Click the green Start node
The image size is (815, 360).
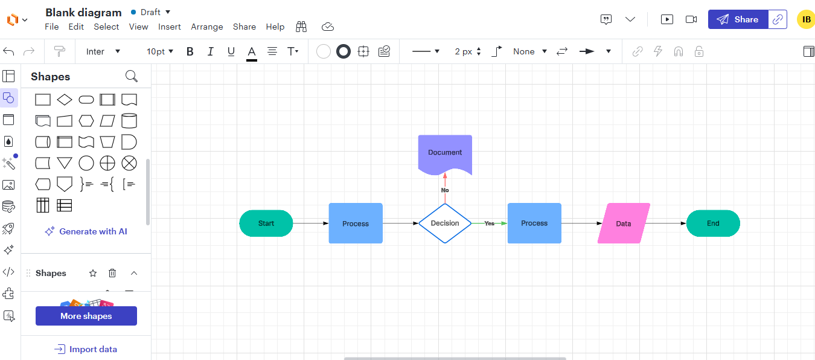pyautogui.click(x=266, y=223)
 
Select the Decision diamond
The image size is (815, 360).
pyautogui.click(x=445, y=223)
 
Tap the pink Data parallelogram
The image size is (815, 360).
pyautogui.click(x=624, y=223)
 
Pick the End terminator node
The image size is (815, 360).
pyautogui.click(x=713, y=223)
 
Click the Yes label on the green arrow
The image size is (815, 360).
pyautogui.click(x=490, y=223)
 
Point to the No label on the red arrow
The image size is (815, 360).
pyautogui.click(x=445, y=190)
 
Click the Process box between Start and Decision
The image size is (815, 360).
pyautogui.click(x=356, y=223)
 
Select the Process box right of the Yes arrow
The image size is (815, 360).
pyautogui.click(x=534, y=223)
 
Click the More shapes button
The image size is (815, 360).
pyautogui.click(x=86, y=316)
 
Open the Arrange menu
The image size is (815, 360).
pyautogui.click(x=207, y=27)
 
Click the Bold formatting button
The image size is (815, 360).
pyautogui.click(x=190, y=52)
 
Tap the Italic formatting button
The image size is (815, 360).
pyautogui.click(x=210, y=52)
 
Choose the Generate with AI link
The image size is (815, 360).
pyautogui.click(x=86, y=231)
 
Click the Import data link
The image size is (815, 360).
pyautogui.click(x=86, y=349)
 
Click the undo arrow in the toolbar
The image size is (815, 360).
pyautogui.click(x=8, y=52)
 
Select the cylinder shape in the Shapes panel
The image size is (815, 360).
pyautogui.click(x=129, y=121)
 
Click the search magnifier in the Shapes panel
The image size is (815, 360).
pyautogui.click(x=132, y=77)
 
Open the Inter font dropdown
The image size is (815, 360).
pyautogui.click(x=103, y=52)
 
